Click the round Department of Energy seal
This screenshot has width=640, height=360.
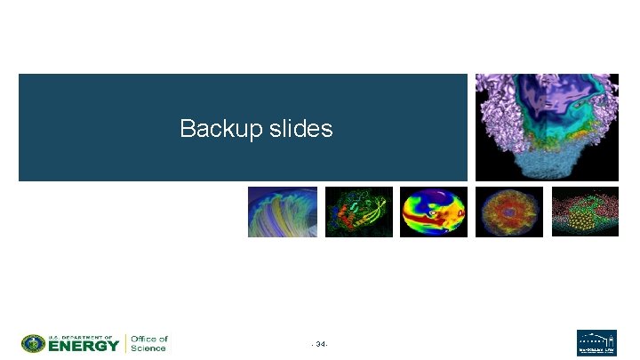click(x=33, y=343)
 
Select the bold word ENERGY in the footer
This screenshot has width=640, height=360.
click(x=84, y=346)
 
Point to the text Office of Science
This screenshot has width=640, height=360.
click(x=148, y=343)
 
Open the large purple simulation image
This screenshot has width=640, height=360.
click(x=546, y=126)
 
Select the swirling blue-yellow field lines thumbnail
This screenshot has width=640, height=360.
click(x=282, y=212)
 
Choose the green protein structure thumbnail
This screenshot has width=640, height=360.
click(x=358, y=212)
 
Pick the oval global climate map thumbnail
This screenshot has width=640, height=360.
click(x=434, y=212)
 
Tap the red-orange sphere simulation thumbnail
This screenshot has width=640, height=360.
click(x=508, y=212)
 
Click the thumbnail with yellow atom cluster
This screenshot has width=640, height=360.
click(x=584, y=212)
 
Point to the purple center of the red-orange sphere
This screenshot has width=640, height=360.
click(x=508, y=212)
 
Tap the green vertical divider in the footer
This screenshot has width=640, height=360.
click(x=125, y=343)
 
